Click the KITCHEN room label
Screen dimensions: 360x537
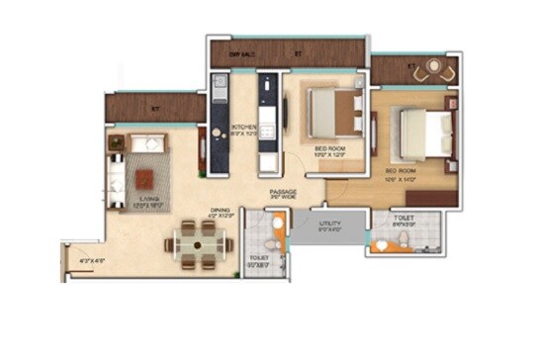[x=243, y=128]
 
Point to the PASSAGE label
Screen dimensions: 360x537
[x=284, y=193]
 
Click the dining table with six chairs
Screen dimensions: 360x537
[x=202, y=239]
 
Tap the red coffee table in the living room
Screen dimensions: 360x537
[x=144, y=178]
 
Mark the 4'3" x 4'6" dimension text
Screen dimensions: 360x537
[x=92, y=261]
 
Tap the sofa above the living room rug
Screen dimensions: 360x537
[x=143, y=142]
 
